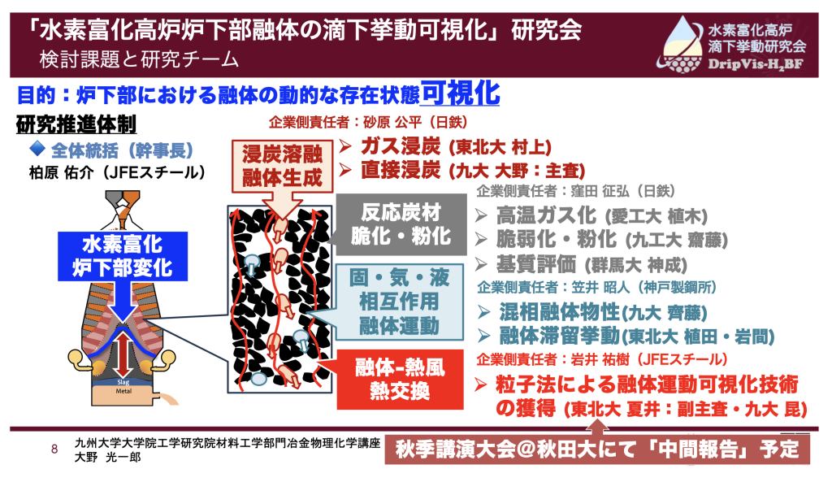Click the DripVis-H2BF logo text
(x=756, y=64)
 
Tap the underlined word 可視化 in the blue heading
(x=460, y=93)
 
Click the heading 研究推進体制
(x=76, y=124)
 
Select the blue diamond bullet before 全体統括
(x=37, y=149)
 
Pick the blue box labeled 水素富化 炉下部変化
(x=123, y=256)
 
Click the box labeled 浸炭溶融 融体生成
(x=282, y=166)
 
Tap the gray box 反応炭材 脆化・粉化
(x=401, y=224)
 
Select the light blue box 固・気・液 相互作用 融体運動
(x=399, y=302)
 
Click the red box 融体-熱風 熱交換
(x=400, y=379)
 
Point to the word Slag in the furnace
(x=123, y=382)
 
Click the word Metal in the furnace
(x=123, y=391)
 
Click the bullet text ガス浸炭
(x=401, y=146)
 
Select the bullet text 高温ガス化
(x=546, y=215)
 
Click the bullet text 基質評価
(x=536, y=264)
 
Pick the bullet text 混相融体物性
(x=559, y=312)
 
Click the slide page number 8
(x=54, y=449)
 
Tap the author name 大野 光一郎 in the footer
(x=108, y=457)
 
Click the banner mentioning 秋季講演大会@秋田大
(x=597, y=449)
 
